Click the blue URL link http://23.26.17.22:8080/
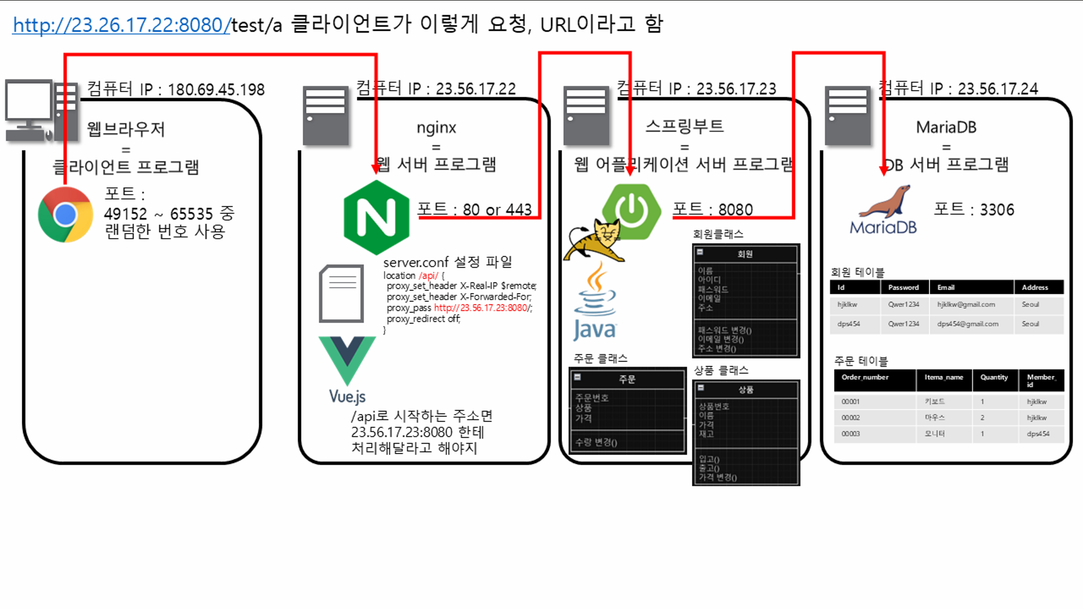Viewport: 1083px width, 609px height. (121, 25)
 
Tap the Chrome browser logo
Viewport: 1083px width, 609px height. (65, 215)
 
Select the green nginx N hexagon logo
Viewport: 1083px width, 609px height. (376, 218)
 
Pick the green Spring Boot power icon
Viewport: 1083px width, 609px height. (632, 210)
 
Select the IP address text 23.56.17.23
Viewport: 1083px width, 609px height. (736, 89)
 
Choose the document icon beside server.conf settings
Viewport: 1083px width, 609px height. (341, 293)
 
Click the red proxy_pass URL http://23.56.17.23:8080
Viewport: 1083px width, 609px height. (482, 308)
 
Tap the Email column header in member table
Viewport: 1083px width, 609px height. (946, 288)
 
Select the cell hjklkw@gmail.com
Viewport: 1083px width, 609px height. (966, 304)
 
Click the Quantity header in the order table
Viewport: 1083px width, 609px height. (994, 378)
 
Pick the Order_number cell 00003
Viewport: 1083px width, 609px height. (851, 434)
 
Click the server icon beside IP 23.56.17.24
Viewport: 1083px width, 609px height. (847, 116)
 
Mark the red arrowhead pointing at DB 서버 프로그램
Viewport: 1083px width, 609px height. (883, 170)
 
